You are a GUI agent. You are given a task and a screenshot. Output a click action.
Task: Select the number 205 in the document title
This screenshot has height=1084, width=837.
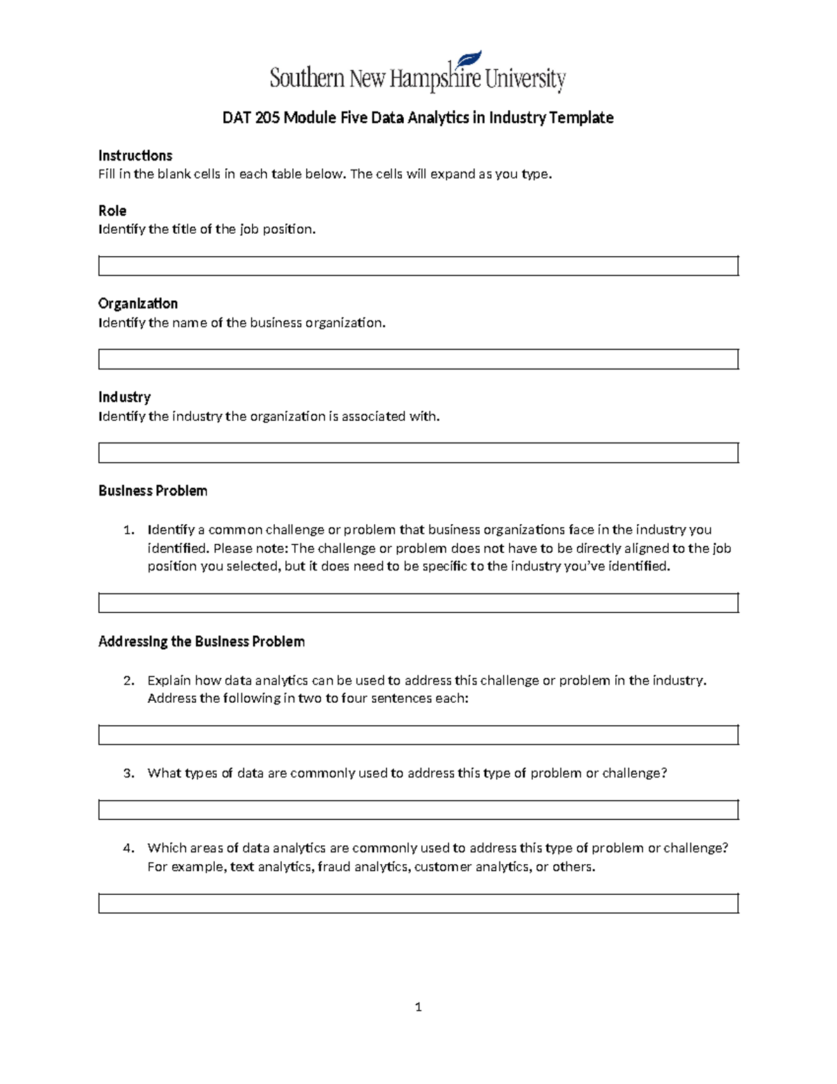point(267,118)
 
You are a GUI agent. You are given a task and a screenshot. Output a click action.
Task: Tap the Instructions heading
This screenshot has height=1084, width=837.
point(135,155)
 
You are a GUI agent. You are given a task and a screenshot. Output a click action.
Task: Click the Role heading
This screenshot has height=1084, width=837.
point(112,211)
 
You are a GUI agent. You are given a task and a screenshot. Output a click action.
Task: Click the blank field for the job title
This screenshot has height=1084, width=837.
point(418,266)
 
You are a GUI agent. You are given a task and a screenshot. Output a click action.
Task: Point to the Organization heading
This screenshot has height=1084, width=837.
point(138,304)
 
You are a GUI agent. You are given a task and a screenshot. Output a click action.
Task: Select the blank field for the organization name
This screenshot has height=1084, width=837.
point(418,359)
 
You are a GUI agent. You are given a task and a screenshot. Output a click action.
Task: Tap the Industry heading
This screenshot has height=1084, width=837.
point(124,397)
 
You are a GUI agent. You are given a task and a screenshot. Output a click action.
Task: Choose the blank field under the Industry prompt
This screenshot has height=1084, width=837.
point(418,453)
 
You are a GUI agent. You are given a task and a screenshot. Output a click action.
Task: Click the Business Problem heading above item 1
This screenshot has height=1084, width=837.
point(153,491)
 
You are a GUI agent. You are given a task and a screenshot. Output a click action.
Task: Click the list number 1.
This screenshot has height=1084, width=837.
point(128,530)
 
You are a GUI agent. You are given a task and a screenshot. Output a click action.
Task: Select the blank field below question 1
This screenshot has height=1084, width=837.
point(418,603)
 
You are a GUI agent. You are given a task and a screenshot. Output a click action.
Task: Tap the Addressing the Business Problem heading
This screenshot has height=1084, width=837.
point(202,641)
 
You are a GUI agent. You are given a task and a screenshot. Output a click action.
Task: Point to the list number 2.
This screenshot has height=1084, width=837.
point(128,681)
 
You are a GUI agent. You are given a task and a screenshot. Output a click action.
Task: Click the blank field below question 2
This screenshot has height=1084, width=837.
point(418,735)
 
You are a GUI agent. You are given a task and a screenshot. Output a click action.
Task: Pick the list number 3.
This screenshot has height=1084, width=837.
point(128,773)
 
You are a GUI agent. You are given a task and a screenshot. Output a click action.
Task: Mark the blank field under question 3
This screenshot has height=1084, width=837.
point(418,810)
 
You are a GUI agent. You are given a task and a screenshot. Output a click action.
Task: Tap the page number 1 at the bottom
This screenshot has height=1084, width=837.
point(418,1007)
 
